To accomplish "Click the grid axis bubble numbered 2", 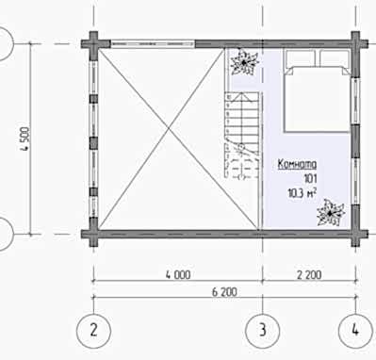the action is (x=93, y=331).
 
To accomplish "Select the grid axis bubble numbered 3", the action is (x=263, y=331).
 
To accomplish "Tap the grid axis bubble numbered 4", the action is (x=355, y=331).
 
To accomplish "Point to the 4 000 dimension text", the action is (x=178, y=275).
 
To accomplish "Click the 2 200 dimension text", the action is (x=309, y=275).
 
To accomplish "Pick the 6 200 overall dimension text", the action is (x=224, y=292).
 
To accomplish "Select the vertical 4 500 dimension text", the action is (x=25, y=139).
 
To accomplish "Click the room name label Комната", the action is (x=297, y=164).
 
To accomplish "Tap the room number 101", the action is (x=310, y=179).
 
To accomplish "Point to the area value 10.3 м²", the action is (x=302, y=193).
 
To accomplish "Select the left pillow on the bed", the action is (x=300, y=57).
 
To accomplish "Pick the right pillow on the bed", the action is (x=335, y=57).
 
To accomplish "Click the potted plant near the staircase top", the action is (x=244, y=62).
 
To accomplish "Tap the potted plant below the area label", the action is (x=330, y=213).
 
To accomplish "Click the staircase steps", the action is (x=241, y=135).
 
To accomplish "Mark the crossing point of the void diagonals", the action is (x=169, y=128).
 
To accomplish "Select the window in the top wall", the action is (x=153, y=43).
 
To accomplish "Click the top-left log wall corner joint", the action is (x=93, y=43).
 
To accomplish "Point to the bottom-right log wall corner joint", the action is (x=355, y=234).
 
